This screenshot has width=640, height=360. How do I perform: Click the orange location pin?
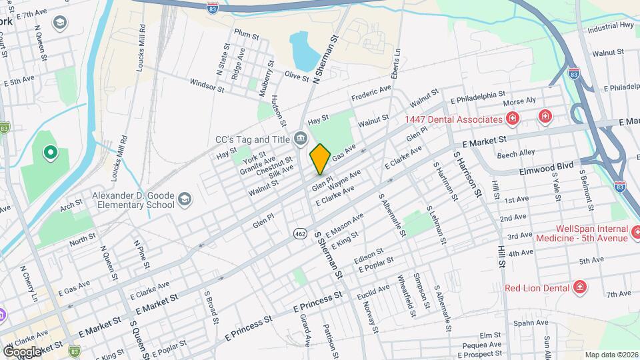click(321, 159)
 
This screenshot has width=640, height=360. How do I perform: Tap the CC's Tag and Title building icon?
click(300, 139)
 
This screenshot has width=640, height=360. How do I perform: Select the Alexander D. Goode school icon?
click(185, 199)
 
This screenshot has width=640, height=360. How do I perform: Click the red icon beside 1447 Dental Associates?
click(513, 119)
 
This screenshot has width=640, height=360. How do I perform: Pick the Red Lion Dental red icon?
click(580, 288)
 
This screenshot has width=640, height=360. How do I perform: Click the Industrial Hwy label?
click(610, 27)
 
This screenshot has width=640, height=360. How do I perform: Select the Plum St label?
click(246, 34)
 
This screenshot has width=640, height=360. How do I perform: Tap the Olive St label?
click(297, 77)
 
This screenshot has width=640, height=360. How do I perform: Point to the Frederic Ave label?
click(371, 93)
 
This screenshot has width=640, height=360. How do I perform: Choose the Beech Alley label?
click(515, 153)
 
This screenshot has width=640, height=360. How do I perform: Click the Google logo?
click(22, 351)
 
